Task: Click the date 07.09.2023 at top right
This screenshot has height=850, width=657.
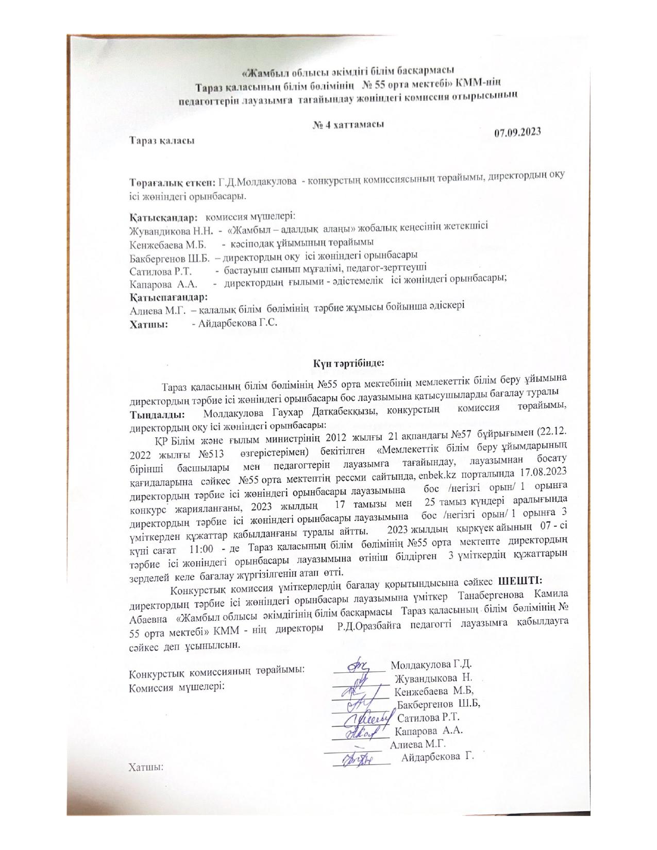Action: coord(517,132)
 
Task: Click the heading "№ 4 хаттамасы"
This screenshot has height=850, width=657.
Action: coord(348,125)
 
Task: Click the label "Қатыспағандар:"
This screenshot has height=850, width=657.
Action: coord(169,297)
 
